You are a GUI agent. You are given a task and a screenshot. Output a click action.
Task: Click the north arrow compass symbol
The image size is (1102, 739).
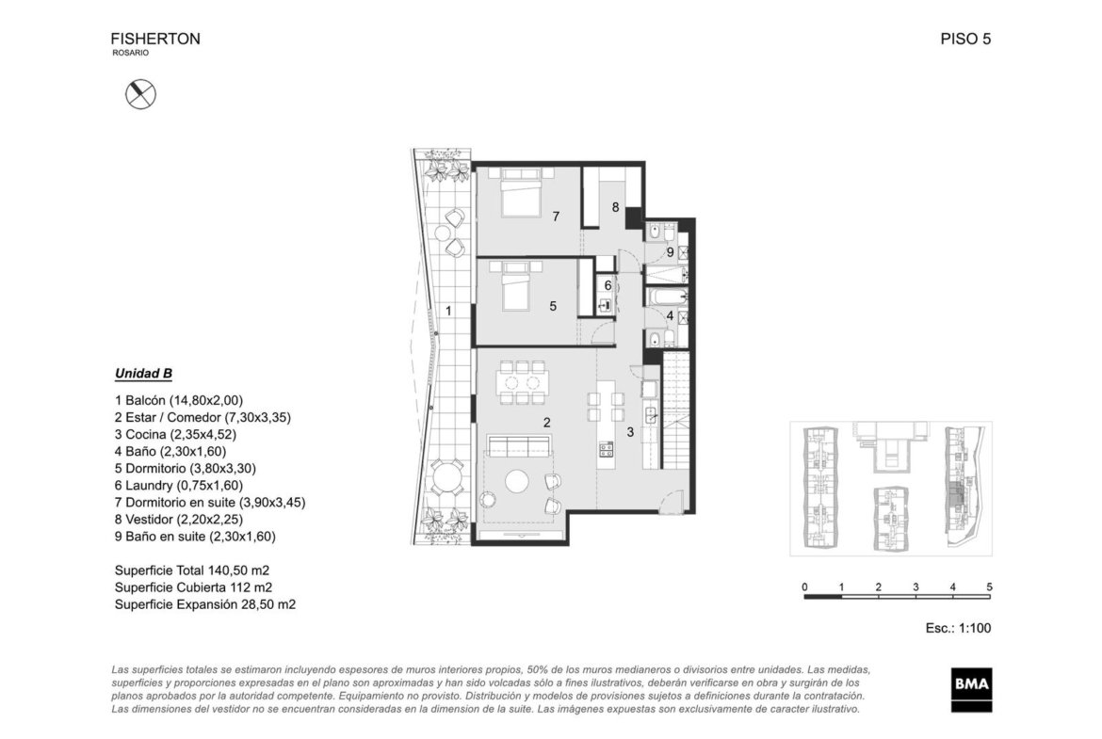click(140, 94)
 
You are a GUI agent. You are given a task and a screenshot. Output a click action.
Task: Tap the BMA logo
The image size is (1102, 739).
click(972, 689)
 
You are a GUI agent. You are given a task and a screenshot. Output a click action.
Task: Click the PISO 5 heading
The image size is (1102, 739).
click(965, 40)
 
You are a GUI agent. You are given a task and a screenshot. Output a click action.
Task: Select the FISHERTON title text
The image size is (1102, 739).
click(155, 40)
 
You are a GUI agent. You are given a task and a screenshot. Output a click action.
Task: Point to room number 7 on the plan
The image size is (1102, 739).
click(556, 217)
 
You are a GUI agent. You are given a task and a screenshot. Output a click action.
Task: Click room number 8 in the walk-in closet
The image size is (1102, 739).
click(616, 207)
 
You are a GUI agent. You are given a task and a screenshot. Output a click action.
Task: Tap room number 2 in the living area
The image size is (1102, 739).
click(547, 422)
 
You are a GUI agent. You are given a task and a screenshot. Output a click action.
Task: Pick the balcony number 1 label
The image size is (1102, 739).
click(448, 311)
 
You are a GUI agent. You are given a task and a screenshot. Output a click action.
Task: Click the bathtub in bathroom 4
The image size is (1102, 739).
click(665, 297)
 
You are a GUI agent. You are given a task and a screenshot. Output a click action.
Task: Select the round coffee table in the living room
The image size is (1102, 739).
click(517, 481)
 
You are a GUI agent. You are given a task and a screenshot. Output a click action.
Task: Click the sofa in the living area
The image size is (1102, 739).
click(519, 445)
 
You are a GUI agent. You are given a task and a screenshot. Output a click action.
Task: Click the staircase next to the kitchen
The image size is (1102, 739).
click(677, 411)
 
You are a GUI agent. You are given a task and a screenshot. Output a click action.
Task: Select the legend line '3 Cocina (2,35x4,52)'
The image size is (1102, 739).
click(176, 435)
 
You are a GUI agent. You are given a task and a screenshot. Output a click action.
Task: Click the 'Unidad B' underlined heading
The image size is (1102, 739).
click(143, 374)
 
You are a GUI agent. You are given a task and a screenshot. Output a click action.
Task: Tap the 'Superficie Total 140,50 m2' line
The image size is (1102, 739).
click(192, 570)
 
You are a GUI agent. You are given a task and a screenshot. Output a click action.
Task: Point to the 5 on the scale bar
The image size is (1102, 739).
click(990, 587)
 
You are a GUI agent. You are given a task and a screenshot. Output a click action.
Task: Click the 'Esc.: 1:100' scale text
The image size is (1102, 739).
click(958, 628)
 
